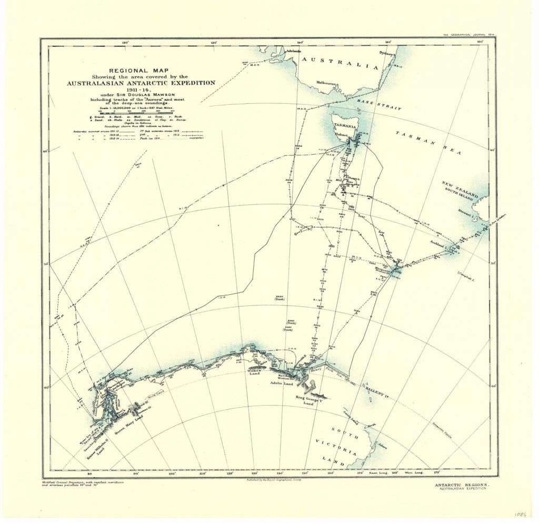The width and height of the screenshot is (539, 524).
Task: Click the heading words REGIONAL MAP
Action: [140, 70]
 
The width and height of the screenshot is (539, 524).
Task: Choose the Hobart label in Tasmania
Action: [343, 134]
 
